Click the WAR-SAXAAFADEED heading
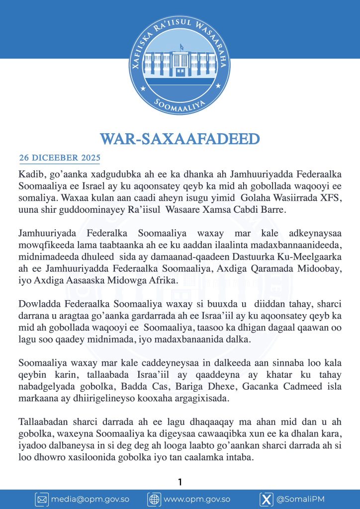point(180,139)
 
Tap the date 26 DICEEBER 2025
point(60,158)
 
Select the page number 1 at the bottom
point(180,482)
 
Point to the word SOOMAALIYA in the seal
point(180,105)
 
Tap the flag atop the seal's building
point(181,47)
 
